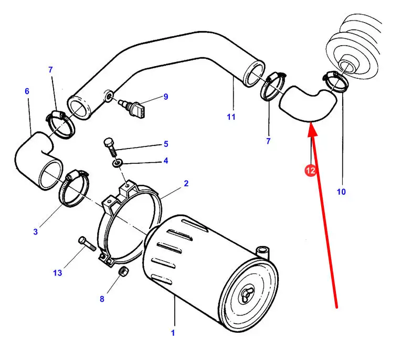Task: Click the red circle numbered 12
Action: coord(311,171)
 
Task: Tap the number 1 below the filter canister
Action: coord(173,333)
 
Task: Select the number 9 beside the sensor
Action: coord(165,97)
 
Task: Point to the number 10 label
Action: coord(341,192)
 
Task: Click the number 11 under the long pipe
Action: coord(231,117)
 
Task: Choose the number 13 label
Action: coord(57,272)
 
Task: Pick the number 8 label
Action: coord(102,299)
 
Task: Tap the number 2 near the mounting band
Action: coord(186,184)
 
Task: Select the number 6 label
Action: coord(27,91)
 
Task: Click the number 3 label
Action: coord(36,231)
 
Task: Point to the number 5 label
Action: coord(165,144)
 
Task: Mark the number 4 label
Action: coord(165,161)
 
